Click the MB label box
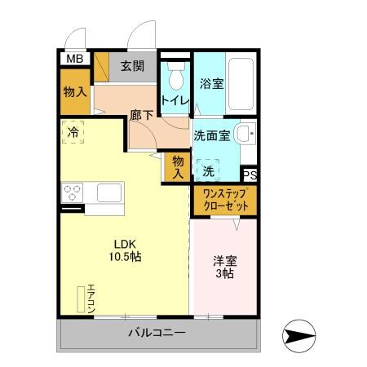(x=74, y=58)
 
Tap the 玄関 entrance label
(x=132, y=67)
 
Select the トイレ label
(x=175, y=100)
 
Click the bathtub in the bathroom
(x=241, y=83)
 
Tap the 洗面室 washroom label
(x=211, y=135)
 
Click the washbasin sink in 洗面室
(x=244, y=135)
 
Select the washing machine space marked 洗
(x=209, y=170)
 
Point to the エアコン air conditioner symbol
(x=85, y=299)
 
